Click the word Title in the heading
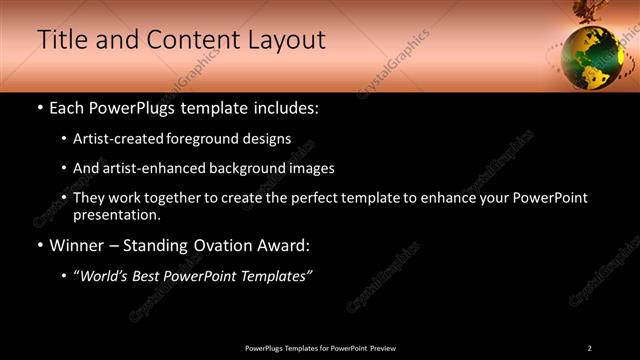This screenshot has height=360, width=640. coord(61,40)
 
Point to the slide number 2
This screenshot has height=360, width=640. coord(589,348)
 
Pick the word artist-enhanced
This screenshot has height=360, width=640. coord(163,169)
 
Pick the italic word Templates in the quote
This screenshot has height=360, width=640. coord(275,276)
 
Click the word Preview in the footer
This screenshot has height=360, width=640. coord(383,348)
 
